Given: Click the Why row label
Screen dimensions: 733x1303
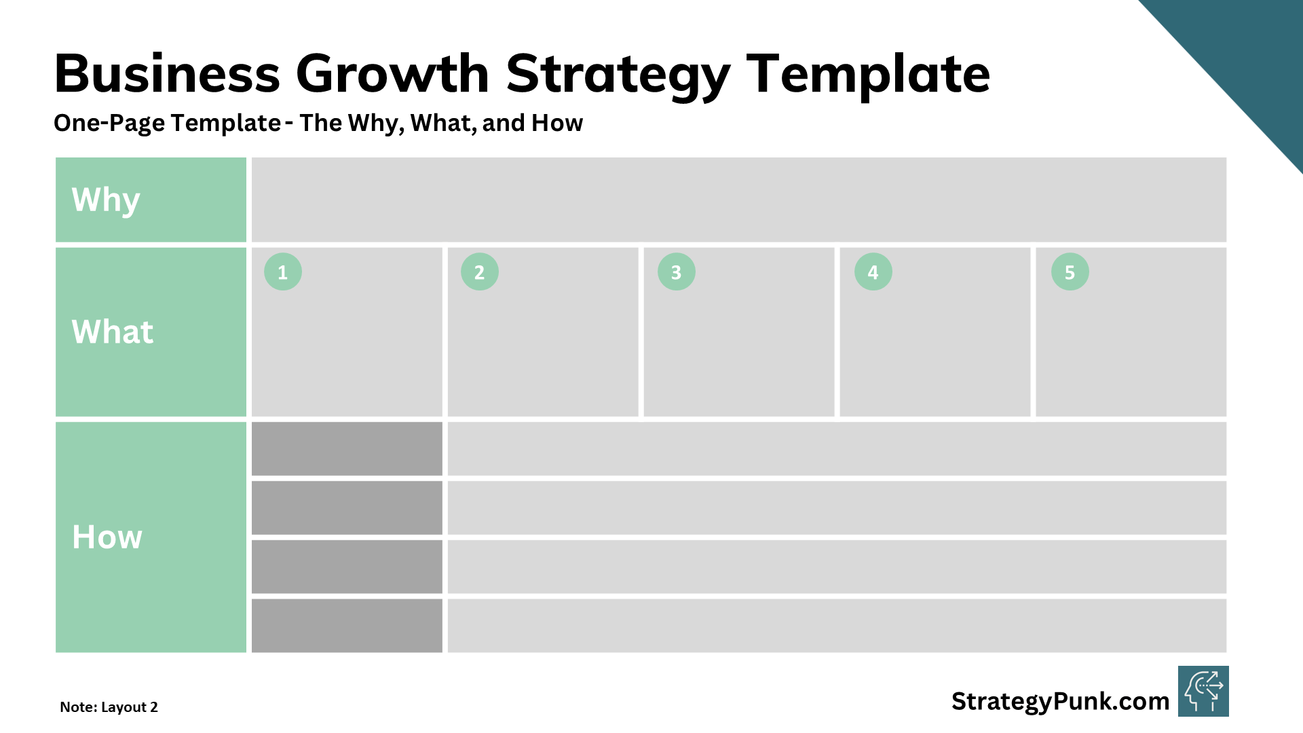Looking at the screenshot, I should point(106,200).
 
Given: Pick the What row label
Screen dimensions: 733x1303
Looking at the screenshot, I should point(113,332).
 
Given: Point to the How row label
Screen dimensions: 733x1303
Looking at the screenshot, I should point(107,537).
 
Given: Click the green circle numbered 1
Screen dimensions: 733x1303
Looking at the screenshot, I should point(283,272).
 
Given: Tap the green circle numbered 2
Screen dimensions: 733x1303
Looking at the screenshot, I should point(480,272).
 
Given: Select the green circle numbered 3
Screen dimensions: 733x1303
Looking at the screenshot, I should point(677,272).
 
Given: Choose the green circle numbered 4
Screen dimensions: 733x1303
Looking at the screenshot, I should point(873,272).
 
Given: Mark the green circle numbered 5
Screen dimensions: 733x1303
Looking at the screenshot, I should point(1070,272).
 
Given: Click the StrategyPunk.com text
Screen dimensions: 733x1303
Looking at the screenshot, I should point(1060,701).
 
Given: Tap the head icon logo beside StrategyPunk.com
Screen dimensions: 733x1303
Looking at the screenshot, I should point(1203,692).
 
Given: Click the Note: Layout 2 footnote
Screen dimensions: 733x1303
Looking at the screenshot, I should point(109,707).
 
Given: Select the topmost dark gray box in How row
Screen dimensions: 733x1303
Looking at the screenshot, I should point(347,449).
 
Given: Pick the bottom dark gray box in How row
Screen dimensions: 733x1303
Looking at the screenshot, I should point(347,625).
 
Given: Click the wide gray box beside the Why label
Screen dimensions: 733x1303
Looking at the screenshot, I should point(738,200).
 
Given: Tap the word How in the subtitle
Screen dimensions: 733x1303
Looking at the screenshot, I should point(557,123).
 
